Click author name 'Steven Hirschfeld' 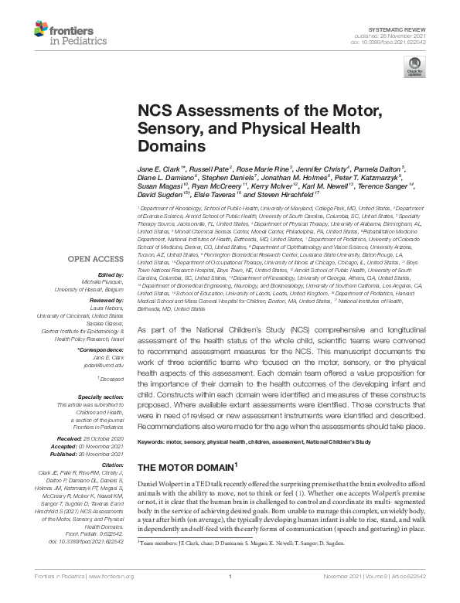tap(289, 196)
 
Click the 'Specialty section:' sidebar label tap(101, 396)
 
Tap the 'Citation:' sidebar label tap(112, 464)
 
